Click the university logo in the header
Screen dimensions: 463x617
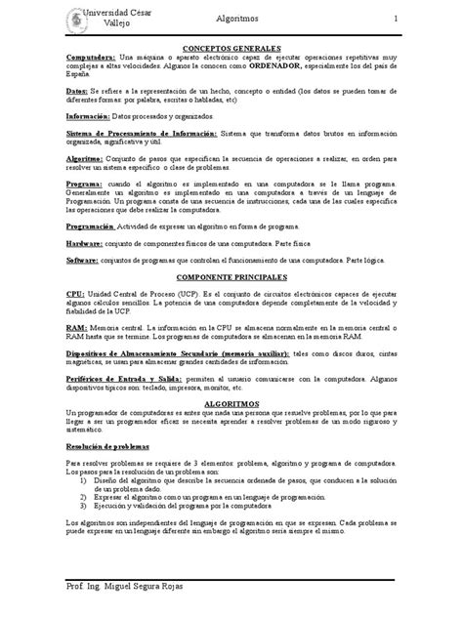pos(73,20)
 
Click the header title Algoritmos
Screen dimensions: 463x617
pos(238,20)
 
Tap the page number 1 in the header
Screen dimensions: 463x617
pos(396,20)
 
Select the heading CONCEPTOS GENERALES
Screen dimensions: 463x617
pos(231,48)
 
